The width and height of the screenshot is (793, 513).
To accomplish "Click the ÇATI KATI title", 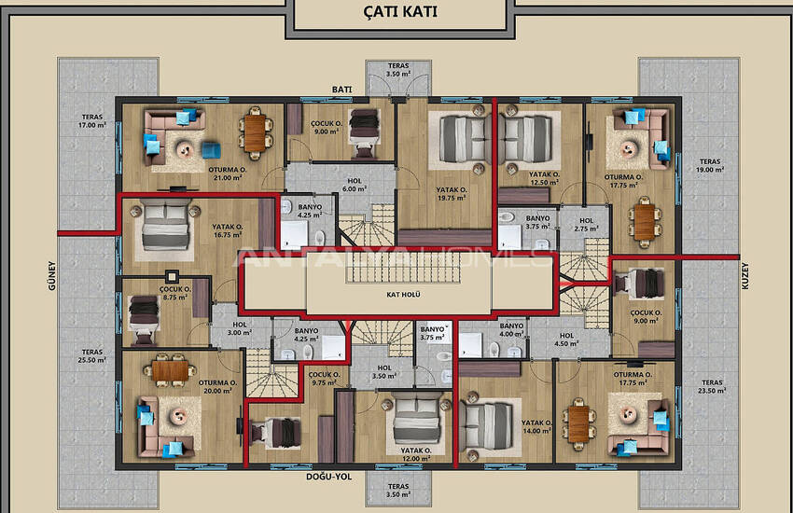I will tap(398, 13).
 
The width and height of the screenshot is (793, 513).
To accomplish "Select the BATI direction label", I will tap(341, 90).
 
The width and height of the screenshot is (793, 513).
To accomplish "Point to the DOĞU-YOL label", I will tap(329, 477).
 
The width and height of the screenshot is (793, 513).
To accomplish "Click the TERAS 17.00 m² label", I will tap(92, 121).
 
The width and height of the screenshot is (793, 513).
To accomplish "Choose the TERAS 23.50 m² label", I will tap(712, 386).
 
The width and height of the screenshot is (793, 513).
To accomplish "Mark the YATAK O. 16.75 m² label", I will tap(228, 231).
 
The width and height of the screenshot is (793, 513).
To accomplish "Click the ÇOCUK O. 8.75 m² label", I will tap(174, 294).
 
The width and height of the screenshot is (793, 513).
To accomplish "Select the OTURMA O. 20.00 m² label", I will tap(216, 387).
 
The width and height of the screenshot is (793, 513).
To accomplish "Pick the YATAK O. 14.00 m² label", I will tap(538, 426).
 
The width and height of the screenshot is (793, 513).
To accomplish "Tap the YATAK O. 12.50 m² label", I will tap(543, 178).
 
